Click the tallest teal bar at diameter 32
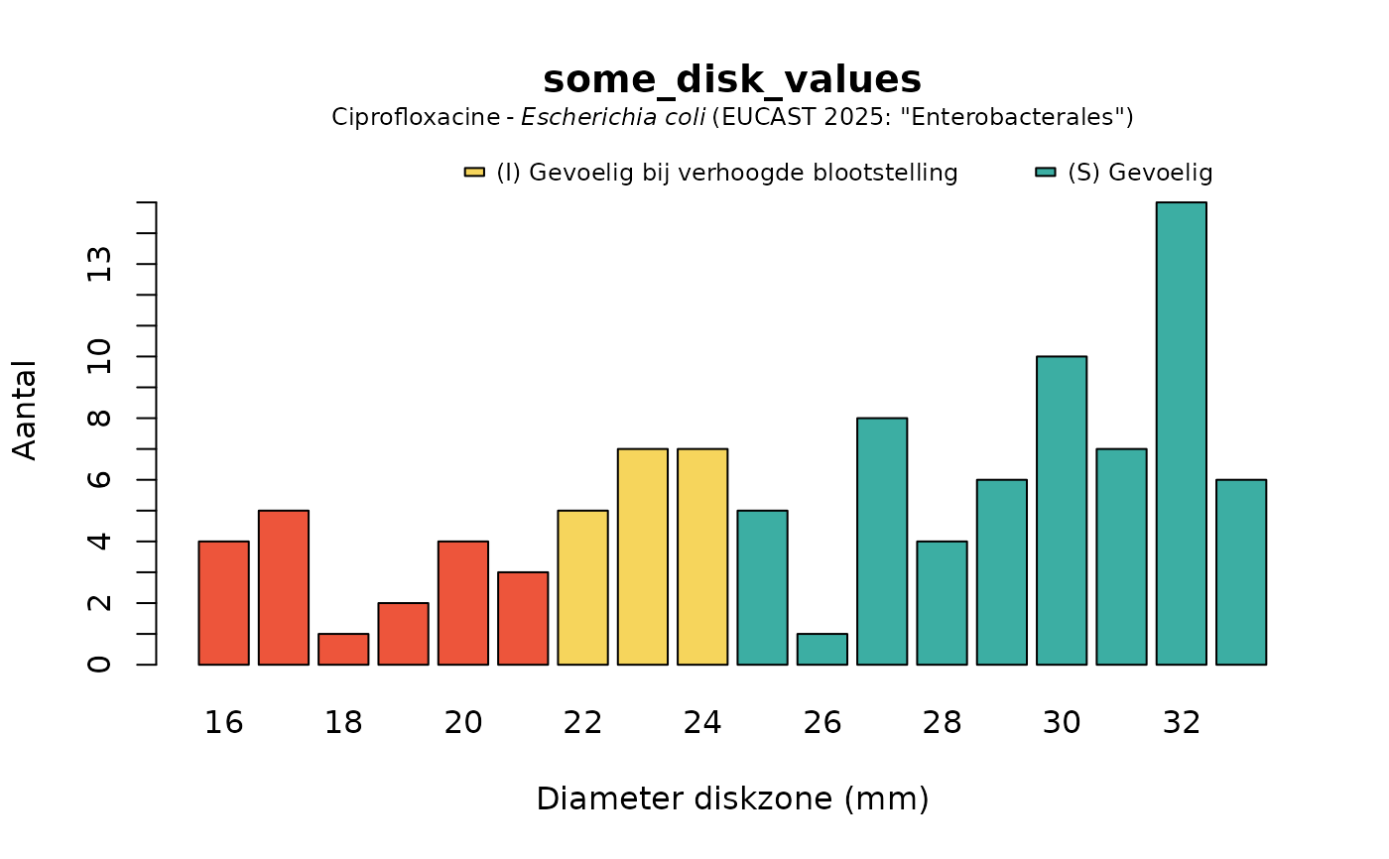pyautogui.click(x=1181, y=433)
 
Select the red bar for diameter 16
pyautogui.click(x=223, y=603)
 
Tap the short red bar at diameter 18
pyautogui.click(x=343, y=650)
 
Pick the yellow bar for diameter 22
pyautogui.click(x=582, y=587)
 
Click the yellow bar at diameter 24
pyautogui.click(x=702, y=556)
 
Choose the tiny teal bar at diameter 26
pyautogui.click(x=822, y=650)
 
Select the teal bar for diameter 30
pyautogui.click(x=1062, y=510)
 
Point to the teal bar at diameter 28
pyautogui.click(x=942, y=603)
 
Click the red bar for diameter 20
pyautogui.click(x=462, y=603)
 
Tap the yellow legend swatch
pyautogui.click(x=474, y=173)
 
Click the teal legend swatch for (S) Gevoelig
pyautogui.click(x=1045, y=173)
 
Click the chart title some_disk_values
pyautogui.click(x=732, y=79)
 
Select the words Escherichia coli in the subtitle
pyautogui.click(x=614, y=117)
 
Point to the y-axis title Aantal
pyautogui.click(x=26, y=410)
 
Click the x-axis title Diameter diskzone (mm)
pyautogui.click(x=732, y=798)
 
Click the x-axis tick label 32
pyautogui.click(x=1181, y=723)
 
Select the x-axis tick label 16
pyautogui.click(x=223, y=723)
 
